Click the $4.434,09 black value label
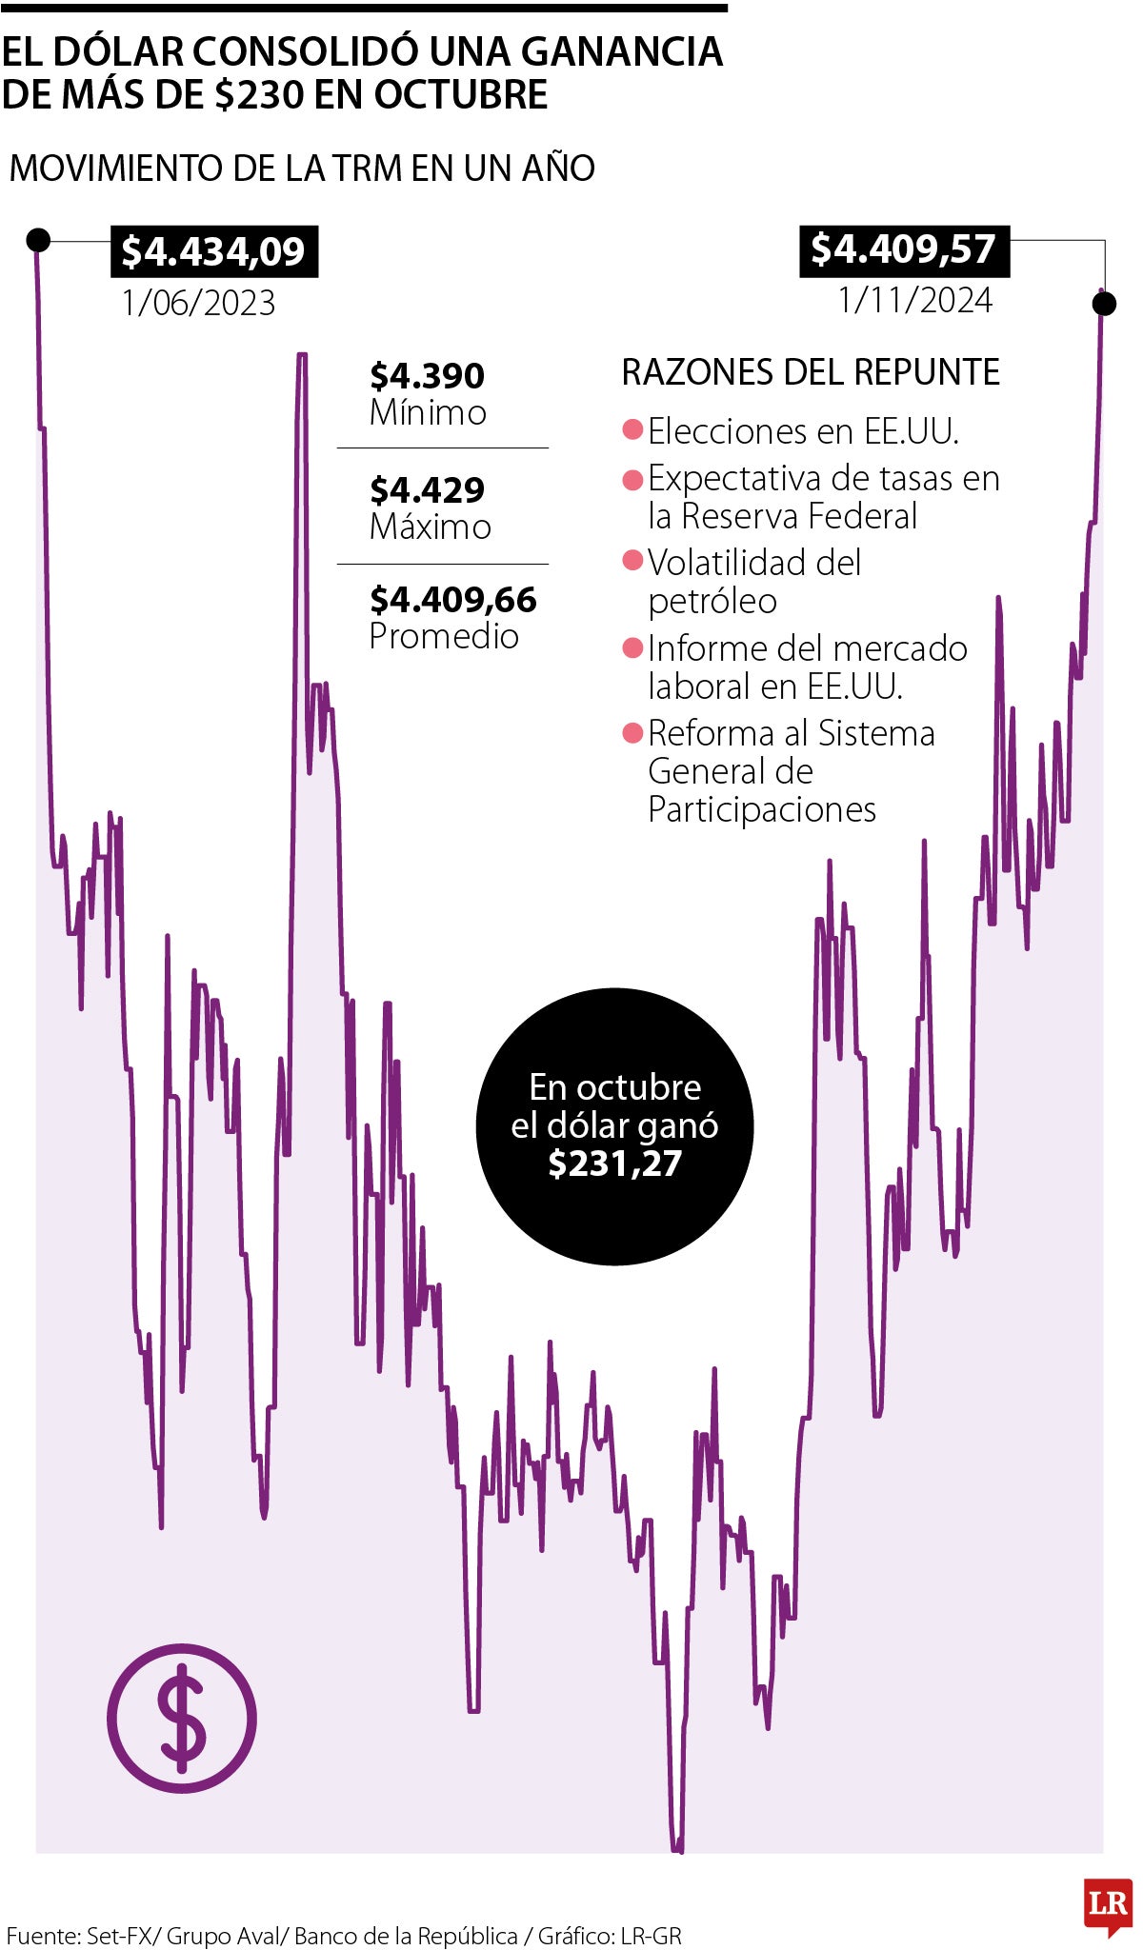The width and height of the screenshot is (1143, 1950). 213,251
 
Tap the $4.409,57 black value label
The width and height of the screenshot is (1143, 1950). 903,249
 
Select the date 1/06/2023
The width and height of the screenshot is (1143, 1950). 198,303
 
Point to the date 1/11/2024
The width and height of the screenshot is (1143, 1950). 914,300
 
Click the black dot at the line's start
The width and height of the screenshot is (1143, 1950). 38,239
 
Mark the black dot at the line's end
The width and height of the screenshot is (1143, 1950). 1104,304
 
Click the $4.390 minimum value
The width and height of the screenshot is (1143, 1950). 427,376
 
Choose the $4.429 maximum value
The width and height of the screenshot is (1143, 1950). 427,489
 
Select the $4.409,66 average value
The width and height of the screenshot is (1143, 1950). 452,600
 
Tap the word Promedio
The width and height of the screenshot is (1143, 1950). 444,636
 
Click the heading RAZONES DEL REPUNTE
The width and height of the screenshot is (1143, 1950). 811,372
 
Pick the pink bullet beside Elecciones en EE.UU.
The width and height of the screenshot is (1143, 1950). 632,429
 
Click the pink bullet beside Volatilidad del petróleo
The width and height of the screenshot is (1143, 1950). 632,560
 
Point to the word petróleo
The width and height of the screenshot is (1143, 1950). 712,602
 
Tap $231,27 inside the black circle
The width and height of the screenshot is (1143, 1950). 614,1164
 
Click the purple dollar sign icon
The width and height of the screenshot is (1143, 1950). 182,1719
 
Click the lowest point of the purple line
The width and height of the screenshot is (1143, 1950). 677,1850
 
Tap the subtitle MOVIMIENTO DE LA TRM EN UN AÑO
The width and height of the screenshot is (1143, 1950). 302,169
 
